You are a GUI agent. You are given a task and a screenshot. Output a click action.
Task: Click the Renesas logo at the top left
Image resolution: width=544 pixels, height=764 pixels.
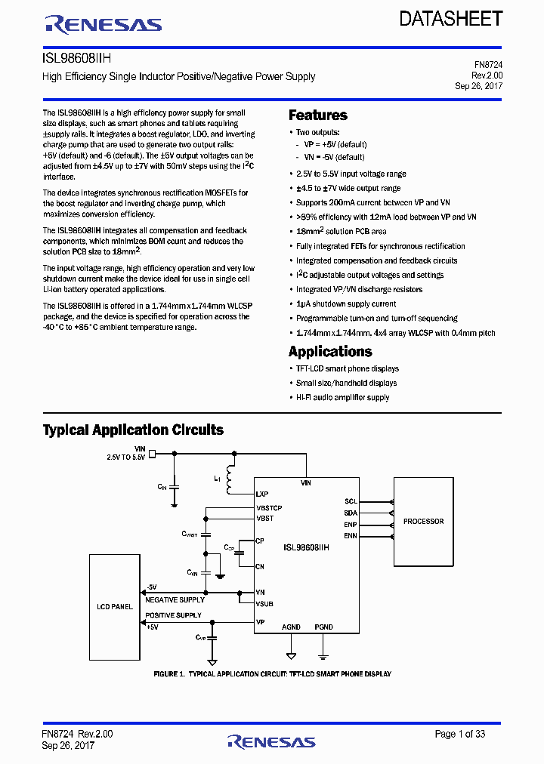(x=104, y=25)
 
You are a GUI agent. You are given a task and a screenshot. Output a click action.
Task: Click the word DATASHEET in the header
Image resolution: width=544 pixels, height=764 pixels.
(x=450, y=19)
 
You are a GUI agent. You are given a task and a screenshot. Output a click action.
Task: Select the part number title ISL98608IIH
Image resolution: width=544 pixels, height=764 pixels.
(x=78, y=58)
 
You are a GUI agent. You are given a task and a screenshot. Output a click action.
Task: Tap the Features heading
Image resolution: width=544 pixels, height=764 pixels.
(x=318, y=116)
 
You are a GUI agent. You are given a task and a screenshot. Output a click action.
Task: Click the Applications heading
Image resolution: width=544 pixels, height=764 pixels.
(x=330, y=352)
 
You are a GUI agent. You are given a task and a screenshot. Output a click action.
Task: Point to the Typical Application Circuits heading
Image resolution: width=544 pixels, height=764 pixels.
(x=133, y=430)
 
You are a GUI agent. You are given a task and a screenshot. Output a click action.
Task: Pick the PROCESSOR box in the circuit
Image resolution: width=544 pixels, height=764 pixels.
(x=423, y=522)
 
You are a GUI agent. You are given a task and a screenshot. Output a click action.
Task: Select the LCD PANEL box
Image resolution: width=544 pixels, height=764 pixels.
(x=115, y=606)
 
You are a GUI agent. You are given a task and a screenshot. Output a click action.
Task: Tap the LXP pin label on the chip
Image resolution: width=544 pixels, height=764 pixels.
(x=263, y=494)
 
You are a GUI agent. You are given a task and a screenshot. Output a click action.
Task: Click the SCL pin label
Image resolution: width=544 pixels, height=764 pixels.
(x=351, y=501)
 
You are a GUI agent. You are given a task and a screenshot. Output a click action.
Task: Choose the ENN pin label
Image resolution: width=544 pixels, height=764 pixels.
(x=351, y=536)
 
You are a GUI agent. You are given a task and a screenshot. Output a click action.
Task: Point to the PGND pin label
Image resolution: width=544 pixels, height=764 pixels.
(x=323, y=627)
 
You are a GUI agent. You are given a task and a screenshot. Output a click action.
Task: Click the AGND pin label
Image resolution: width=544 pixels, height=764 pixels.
(x=291, y=627)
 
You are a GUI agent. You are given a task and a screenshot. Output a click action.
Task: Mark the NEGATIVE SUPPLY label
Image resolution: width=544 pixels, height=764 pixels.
(x=175, y=600)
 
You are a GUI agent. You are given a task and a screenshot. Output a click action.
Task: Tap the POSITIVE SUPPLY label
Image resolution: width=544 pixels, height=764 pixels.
(x=174, y=615)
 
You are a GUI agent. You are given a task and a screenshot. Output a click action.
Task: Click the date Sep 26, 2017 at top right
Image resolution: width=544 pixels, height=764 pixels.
(x=478, y=86)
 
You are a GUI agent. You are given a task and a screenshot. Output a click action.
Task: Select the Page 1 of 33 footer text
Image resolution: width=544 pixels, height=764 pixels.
(x=460, y=734)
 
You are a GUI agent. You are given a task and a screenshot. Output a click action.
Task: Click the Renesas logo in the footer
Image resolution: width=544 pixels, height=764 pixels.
(x=271, y=741)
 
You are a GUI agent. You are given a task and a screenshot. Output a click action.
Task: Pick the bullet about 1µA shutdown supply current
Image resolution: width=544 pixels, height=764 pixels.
(x=345, y=304)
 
